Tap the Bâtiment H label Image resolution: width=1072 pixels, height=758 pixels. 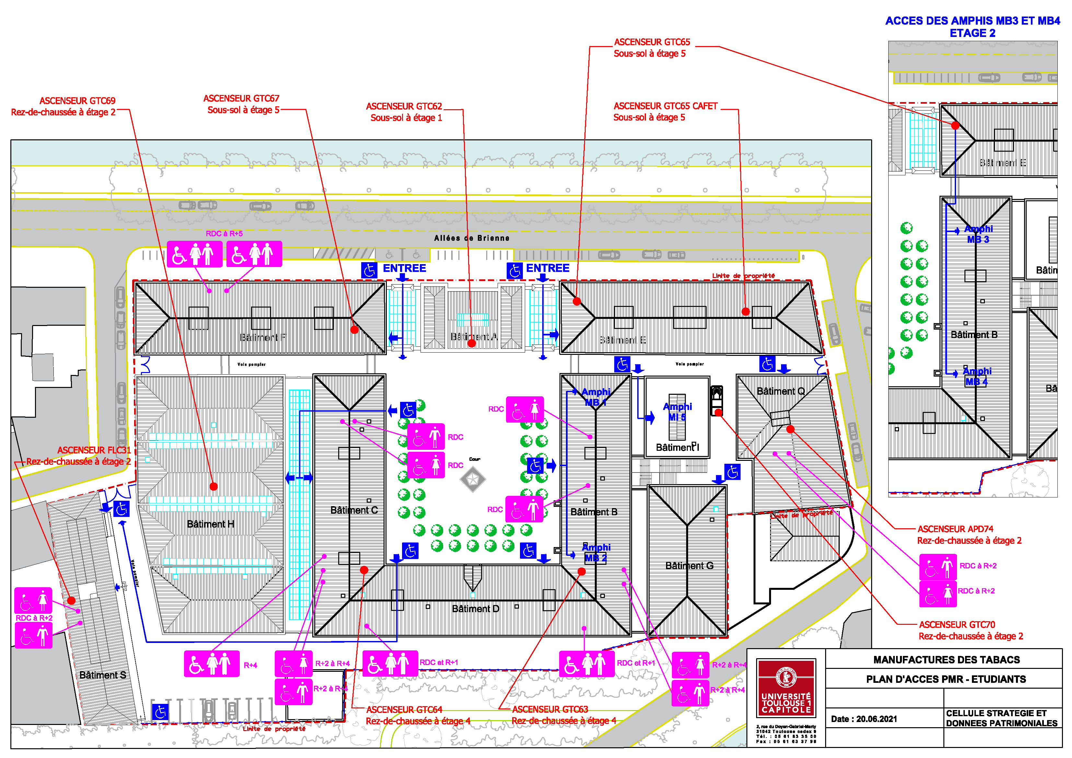click(x=210, y=524)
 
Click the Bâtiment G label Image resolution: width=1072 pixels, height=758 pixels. click(x=689, y=566)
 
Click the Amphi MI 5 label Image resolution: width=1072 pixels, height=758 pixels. click(x=677, y=412)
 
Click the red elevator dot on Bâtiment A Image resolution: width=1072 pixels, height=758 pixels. click(x=472, y=343)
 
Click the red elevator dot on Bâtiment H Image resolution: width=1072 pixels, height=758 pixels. click(x=213, y=487)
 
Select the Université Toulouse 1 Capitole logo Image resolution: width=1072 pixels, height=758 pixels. click(x=786, y=688)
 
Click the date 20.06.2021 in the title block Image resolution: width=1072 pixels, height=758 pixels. click(x=863, y=719)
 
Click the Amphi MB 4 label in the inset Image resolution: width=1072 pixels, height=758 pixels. click(x=977, y=376)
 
